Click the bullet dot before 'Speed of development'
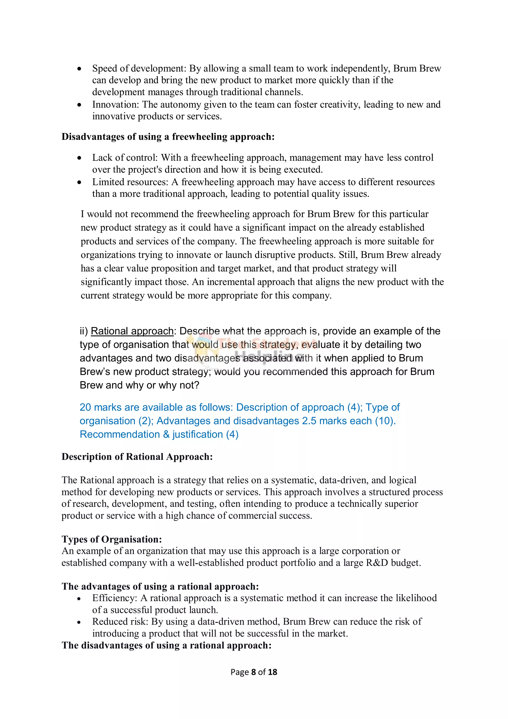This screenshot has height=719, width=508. tap(80, 68)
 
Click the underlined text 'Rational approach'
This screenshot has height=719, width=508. tap(132, 331)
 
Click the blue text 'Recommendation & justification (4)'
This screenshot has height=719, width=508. tap(159, 434)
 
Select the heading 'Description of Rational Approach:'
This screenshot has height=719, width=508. tap(137, 457)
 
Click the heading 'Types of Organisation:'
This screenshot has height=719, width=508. tap(112, 539)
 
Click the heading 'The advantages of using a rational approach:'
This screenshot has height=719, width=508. tap(160, 586)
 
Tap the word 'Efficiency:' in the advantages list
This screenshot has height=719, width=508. tap(115, 598)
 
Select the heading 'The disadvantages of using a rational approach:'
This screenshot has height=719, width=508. tap(166, 645)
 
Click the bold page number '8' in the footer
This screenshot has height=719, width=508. tap(254, 672)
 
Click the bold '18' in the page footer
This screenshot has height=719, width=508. tap(273, 672)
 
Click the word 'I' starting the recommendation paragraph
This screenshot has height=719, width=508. tap(82, 214)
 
